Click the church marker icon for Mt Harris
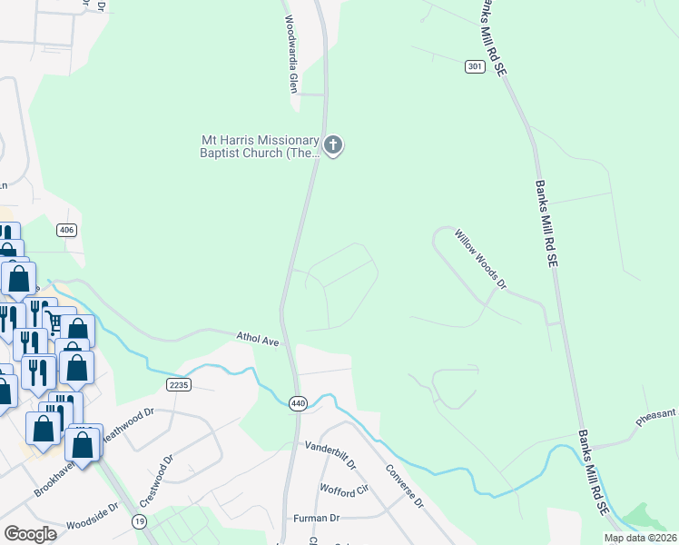point(334,144)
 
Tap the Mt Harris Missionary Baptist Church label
point(261,146)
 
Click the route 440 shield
point(297,402)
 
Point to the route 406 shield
point(66,230)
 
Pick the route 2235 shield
point(179,385)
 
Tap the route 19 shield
point(139,520)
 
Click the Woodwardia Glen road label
point(291,55)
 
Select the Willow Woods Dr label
point(479,260)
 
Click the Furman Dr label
point(316,518)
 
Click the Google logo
point(30,533)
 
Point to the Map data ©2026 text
point(639,538)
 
